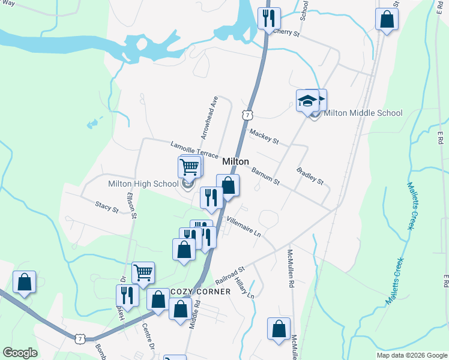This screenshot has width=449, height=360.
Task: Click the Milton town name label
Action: (x=235, y=161)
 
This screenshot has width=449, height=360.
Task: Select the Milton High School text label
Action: (x=143, y=184)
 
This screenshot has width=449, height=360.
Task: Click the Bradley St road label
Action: (x=310, y=176)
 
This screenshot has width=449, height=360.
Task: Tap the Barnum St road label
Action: (x=265, y=176)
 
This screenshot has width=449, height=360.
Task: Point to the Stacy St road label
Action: (x=106, y=207)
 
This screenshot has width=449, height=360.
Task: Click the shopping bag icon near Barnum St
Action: (x=228, y=185)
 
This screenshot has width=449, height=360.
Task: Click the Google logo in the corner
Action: (x=20, y=353)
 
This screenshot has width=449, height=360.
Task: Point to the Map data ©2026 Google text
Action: (x=411, y=355)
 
